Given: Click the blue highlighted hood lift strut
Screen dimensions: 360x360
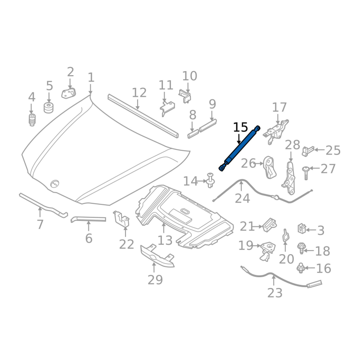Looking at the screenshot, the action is pos(239,148).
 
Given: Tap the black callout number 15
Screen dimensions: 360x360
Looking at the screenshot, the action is pos(240,127).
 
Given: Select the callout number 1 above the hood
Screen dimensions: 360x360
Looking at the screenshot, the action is pos(91,77).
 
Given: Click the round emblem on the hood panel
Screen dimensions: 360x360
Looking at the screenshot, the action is pos(54,184).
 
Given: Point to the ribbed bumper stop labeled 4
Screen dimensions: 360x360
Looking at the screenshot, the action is pos(32,119).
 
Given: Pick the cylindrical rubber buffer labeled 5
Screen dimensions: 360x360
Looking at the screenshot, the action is pos(49,108).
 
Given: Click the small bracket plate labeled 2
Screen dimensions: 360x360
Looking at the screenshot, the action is pos(69,93).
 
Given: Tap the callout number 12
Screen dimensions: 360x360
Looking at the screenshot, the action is pos(139,93).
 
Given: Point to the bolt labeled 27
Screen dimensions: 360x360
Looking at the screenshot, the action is pos(306,173).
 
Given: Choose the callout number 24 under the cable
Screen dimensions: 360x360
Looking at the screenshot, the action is pos(242,198).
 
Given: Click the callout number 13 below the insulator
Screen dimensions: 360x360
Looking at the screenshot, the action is pos(165,240).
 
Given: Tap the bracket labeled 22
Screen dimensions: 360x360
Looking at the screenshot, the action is pos(121,219).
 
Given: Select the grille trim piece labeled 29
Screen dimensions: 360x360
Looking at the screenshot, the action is pos(157,256).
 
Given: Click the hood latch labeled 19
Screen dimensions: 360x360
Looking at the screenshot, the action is pos(267,251).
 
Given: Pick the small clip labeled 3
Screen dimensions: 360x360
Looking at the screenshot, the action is pos(301,229).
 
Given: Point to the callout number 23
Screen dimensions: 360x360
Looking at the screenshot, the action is pos(274,293).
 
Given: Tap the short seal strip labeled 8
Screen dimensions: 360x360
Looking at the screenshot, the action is pos(193,134).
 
